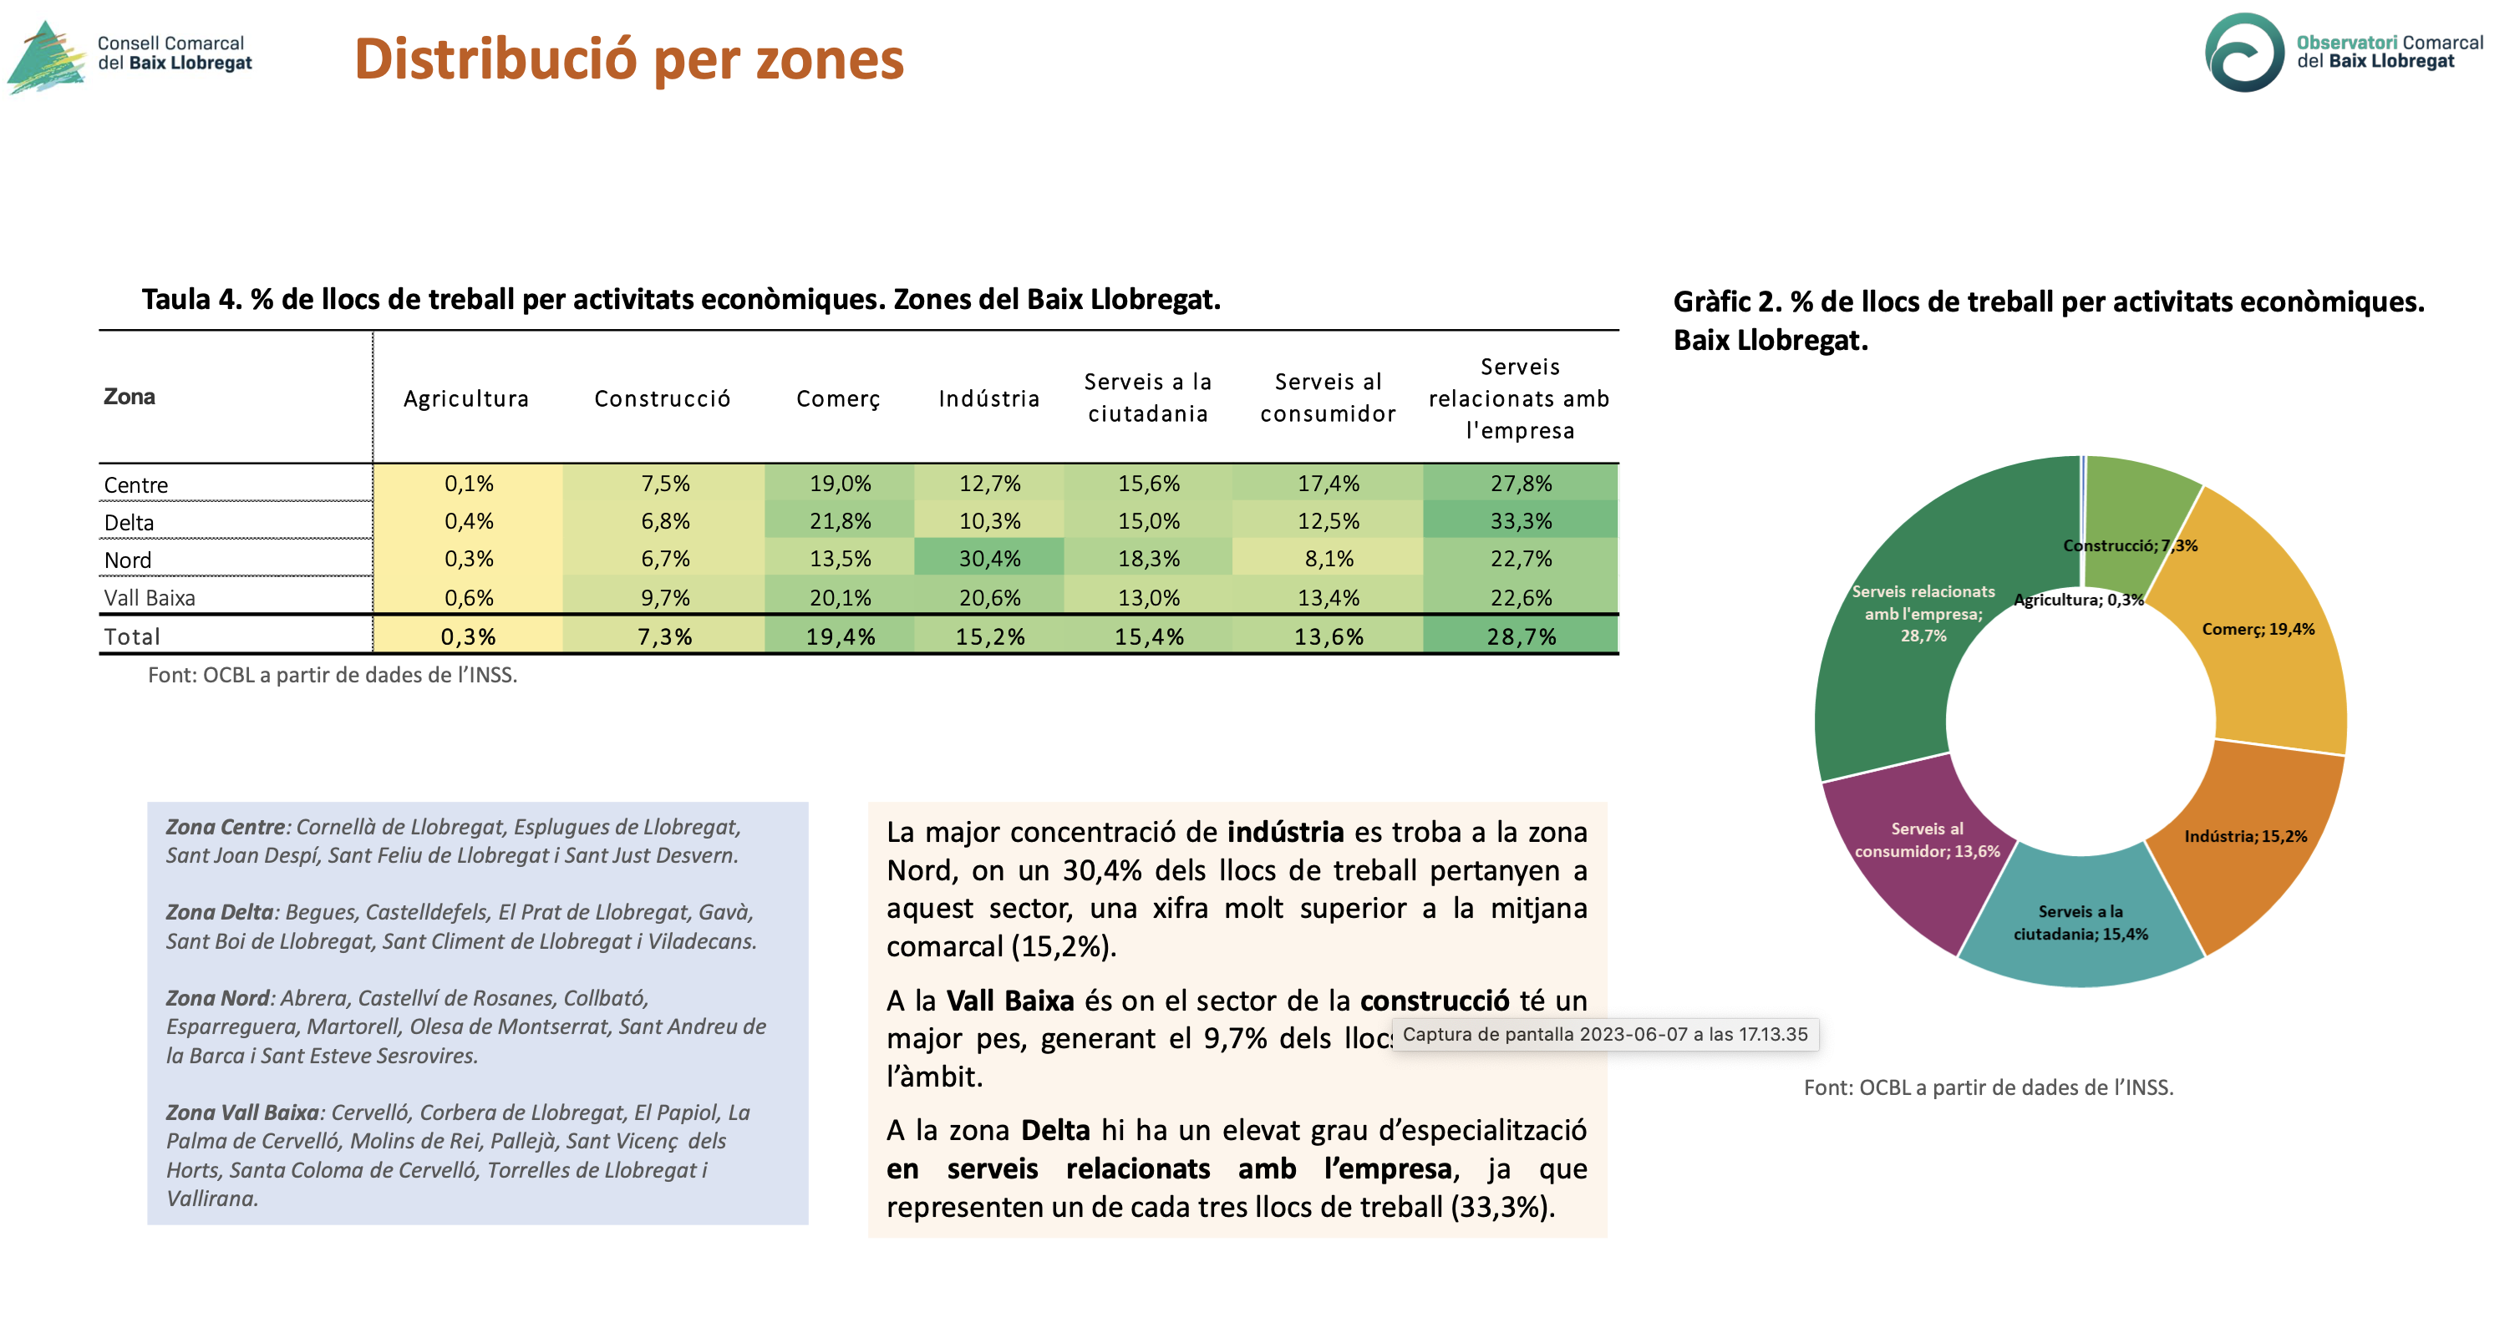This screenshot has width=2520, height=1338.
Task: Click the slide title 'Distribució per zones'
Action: point(629,59)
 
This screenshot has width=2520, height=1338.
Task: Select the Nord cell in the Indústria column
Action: point(989,558)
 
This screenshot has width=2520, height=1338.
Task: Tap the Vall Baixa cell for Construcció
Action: point(664,596)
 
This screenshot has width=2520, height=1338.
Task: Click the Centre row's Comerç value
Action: point(840,483)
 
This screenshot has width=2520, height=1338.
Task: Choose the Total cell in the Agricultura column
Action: point(468,636)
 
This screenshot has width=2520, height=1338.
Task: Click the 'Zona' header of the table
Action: point(130,396)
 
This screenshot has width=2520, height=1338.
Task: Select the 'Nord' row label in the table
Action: point(128,560)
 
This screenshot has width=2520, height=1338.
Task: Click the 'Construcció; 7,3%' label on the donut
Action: point(2131,545)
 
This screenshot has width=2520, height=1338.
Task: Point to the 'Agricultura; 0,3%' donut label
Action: point(2079,600)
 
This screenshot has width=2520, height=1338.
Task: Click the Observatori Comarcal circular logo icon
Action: point(2245,53)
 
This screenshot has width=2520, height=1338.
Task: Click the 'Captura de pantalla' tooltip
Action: point(1605,1034)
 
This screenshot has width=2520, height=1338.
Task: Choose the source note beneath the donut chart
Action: point(1989,1087)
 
